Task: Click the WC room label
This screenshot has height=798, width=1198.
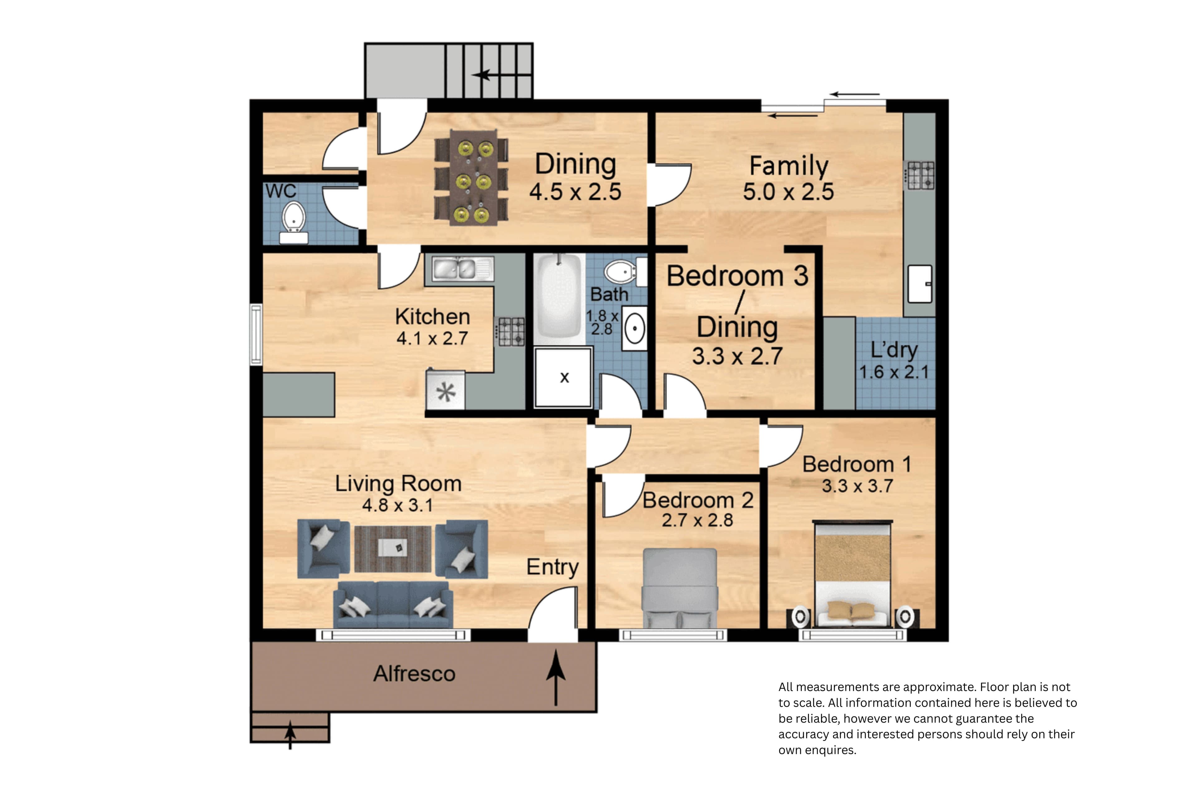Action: point(280,191)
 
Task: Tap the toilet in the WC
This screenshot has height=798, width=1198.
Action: point(294,222)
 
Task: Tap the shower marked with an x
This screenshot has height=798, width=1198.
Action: point(563,377)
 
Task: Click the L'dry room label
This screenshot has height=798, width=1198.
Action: point(894,350)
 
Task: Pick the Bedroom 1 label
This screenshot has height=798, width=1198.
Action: point(856,464)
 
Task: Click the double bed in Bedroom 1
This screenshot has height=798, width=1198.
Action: point(852,574)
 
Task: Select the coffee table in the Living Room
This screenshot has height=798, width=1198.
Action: point(392,549)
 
